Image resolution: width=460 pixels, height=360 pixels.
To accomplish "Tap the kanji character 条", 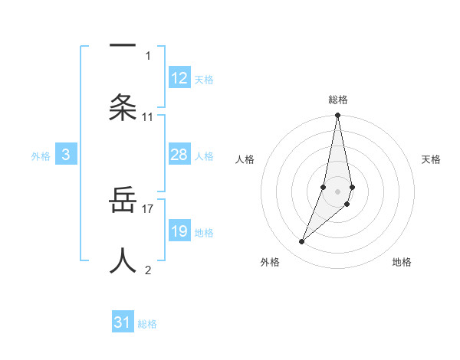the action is tap(123, 107).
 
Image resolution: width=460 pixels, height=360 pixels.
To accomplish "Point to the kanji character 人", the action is tap(123, 260).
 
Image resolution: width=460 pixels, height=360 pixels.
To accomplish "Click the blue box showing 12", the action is tap(179, 78).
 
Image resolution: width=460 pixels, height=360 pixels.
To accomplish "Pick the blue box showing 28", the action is tap(179, 155).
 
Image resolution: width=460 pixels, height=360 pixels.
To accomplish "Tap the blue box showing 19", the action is tap(179, 231).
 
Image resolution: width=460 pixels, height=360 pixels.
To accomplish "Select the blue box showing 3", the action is tap(66, 155).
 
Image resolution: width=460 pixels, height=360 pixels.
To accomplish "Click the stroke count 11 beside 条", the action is tap(148, 117).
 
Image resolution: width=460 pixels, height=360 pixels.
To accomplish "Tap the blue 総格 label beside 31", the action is tap(147, 324).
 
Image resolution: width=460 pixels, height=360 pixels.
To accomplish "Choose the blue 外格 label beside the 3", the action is tap(41, 156).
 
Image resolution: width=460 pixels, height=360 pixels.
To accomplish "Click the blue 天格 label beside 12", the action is tap(204, 80).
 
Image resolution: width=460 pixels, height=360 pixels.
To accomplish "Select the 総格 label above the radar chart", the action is tap(338, 100).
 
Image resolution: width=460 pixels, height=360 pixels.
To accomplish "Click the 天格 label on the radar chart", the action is tap(432, 159).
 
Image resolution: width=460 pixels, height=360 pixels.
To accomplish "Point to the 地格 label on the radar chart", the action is tap(402, 262).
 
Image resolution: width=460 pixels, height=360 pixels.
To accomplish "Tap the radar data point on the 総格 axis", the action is tap(338, 116).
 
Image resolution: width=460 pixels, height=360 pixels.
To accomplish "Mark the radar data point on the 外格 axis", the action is tap(302, 242).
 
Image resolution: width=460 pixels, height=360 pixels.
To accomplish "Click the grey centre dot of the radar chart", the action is tap(338, 191).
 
